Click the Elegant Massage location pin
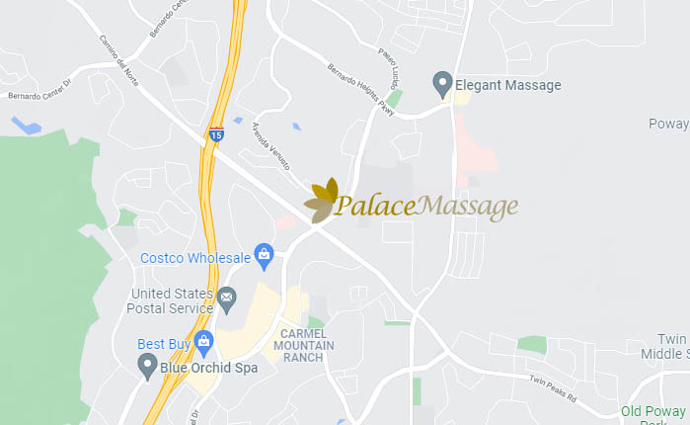443,84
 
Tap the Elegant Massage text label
508,85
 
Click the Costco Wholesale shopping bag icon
265,257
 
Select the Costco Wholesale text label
195,258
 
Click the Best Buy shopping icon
204,344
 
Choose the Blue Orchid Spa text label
209,368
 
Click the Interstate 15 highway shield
216,131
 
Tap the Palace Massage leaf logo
321,201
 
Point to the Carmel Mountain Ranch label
304,344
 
